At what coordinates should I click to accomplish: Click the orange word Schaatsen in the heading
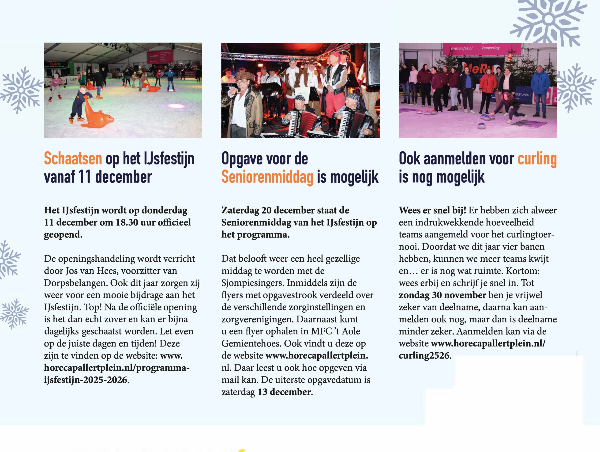73,158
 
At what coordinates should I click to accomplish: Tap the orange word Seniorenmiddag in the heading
267,177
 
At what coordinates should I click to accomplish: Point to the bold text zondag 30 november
442,295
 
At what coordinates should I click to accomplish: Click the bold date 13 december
284,392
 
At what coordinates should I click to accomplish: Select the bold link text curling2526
424,355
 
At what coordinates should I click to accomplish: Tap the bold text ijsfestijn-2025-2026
86,380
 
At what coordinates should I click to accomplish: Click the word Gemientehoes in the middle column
251,343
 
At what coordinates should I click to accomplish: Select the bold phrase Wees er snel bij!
432,210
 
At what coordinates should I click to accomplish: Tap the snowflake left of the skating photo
21,90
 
